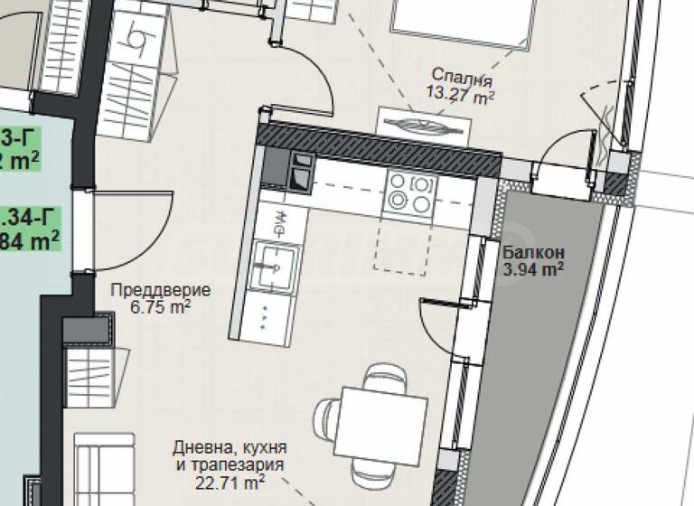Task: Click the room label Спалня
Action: tap(461, 75)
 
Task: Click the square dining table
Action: tap(382, 423)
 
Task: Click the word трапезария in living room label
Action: tap(238, 466)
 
